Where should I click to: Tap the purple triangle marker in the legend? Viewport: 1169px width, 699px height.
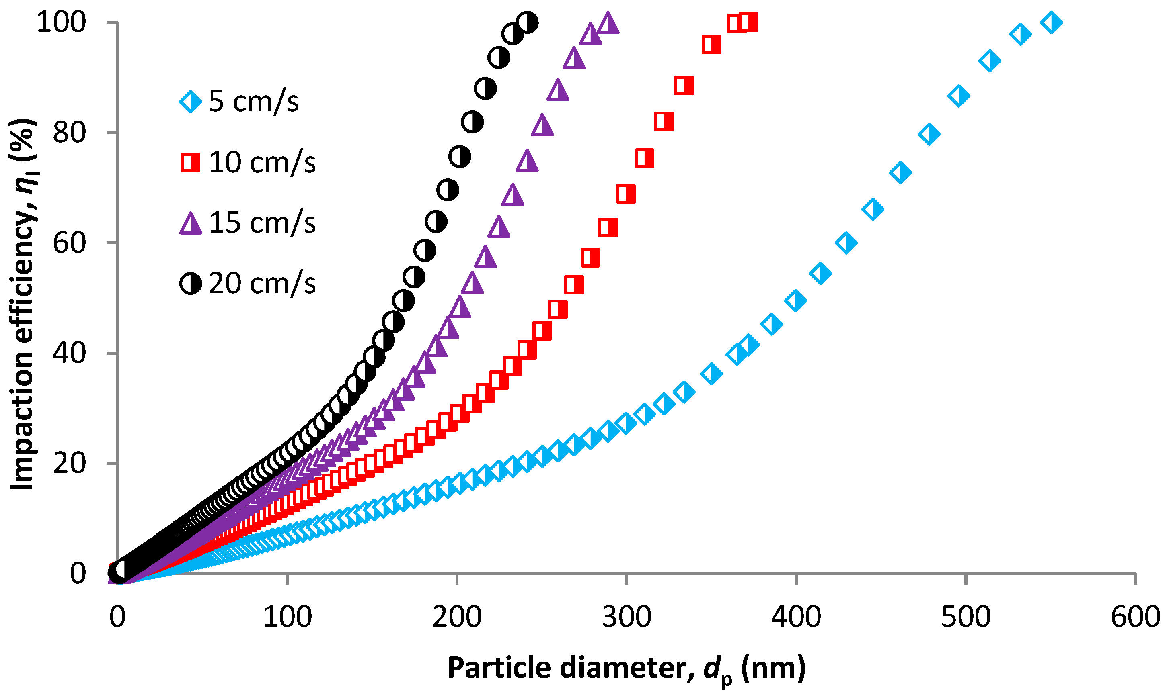pos(191,223)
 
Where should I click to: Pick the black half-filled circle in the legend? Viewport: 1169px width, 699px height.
pos(191,284)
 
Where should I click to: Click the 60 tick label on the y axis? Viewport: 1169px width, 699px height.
pos(70,243)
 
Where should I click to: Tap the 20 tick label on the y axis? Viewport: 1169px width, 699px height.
pos(70,464)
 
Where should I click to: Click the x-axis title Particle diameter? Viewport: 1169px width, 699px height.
pos(627,668)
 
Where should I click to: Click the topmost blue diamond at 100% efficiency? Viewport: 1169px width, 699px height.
pos(1051,22)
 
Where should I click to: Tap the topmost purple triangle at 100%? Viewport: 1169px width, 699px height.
pos(608,22)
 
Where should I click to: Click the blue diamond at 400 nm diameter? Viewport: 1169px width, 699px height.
pos(796,300)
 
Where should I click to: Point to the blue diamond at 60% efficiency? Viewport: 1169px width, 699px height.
pos(846,243)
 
